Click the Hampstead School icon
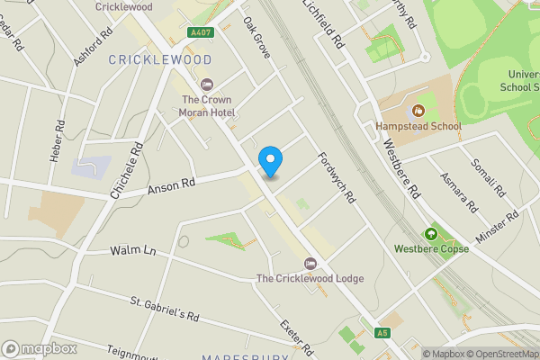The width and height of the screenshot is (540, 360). coord(418,112)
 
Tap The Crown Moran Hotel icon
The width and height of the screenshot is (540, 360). coord(208,84)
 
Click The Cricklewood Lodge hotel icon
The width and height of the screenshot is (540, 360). coord(310,263)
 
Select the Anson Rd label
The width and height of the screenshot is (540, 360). coord(170,188)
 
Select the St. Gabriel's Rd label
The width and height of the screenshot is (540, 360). coord(165,310)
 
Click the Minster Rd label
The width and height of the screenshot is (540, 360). coord(499,224)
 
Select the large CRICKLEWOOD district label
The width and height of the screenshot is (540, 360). coord(160,59)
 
